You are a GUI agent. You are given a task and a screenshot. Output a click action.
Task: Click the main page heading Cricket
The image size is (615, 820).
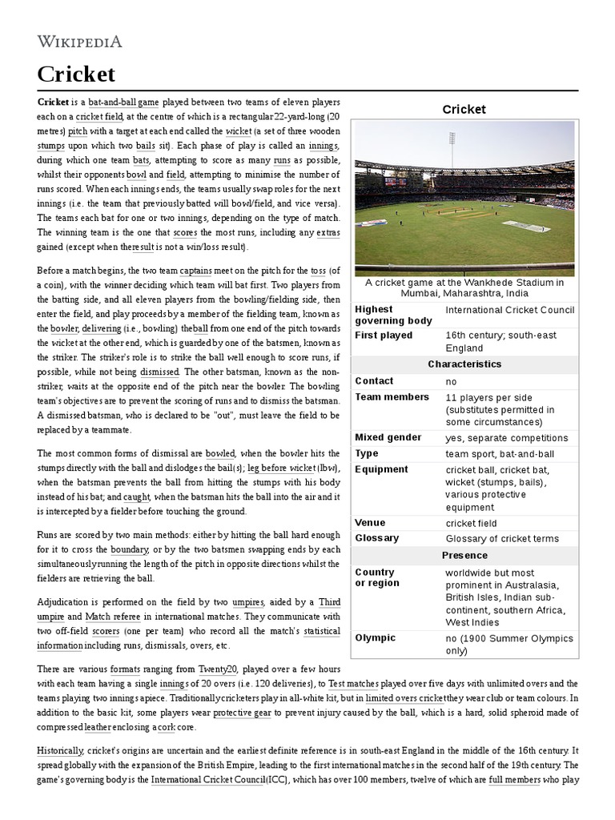76,74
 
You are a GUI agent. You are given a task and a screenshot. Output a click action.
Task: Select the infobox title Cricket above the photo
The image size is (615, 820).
464,109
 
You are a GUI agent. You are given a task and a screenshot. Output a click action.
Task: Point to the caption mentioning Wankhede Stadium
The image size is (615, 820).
464,287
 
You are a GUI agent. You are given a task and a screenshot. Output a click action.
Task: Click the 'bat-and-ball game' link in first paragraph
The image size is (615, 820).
123,103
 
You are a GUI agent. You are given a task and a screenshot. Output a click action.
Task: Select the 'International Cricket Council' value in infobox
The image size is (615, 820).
509,310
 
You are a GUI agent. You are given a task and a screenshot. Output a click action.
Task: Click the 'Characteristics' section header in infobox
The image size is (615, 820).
464,364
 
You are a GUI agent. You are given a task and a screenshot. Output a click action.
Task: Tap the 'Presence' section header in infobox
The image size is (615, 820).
464,555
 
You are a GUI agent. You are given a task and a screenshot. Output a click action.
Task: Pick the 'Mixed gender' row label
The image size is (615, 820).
388,438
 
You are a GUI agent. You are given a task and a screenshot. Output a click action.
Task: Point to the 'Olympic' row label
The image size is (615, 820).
375,638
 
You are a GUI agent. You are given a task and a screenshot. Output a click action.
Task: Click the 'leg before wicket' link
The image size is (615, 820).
281,468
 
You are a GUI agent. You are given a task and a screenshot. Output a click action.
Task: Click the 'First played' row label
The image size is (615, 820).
384,336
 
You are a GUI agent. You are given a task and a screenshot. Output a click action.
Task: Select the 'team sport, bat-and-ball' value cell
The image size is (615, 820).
500,454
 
